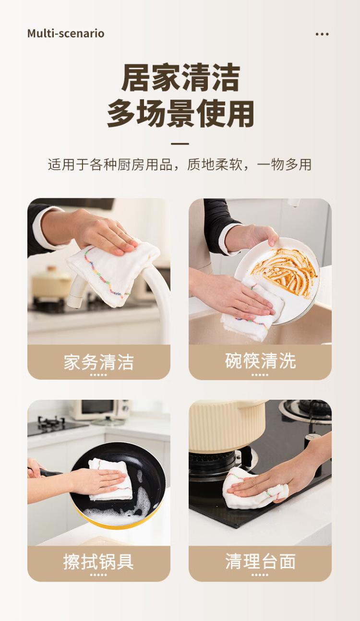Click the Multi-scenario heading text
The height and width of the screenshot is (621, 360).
pyautogui.click(x=66, y=34)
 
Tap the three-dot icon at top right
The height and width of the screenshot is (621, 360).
pyautogui.click(x=322, y=34)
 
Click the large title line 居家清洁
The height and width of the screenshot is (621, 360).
pyautogui.click(x=180, y=78)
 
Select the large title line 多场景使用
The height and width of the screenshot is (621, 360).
pyautogui.click(x=180, y=114)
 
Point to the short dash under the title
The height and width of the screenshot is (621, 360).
pyautogui.click(x=180, y=144)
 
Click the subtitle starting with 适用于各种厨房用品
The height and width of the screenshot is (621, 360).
pyautogui.click(x=180, y=165)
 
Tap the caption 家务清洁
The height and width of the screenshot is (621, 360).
pyautogui.click(x=99, y=362)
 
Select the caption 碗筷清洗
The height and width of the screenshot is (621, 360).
pyautogui.click(x=260, y=361)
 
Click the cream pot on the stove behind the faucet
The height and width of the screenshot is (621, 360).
pyautogui.click(x=51, y=282)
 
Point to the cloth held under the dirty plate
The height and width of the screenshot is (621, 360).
pyautogui.click(x=251, y=309)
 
